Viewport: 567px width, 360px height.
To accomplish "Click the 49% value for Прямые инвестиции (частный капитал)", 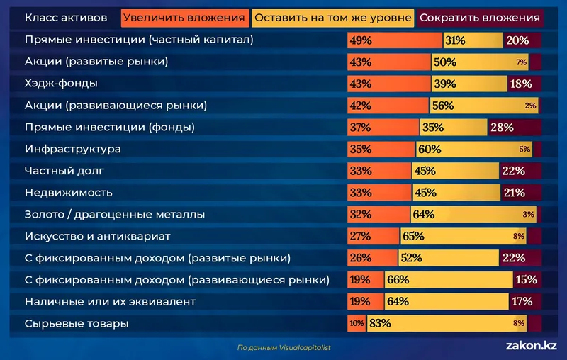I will [360, 40].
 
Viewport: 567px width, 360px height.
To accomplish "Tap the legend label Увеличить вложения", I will [185, 18].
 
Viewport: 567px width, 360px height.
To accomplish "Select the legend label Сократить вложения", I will [478, 18].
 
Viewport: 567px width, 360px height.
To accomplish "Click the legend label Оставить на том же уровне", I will [333, 18].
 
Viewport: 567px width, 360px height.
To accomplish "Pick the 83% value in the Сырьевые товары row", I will [381, 324].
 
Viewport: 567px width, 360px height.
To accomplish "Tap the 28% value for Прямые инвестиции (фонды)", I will [502, 128].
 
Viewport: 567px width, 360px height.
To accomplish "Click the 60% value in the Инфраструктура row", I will [430, 150].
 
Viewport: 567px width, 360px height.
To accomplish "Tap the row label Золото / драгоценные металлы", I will [115, 215].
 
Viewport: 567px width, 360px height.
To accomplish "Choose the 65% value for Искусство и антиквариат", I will [414, 237].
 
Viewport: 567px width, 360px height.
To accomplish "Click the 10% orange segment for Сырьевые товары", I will [357, 324].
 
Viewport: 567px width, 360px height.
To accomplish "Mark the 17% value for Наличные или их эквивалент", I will [521, 302].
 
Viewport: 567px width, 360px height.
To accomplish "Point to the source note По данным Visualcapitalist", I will [284, 347].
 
